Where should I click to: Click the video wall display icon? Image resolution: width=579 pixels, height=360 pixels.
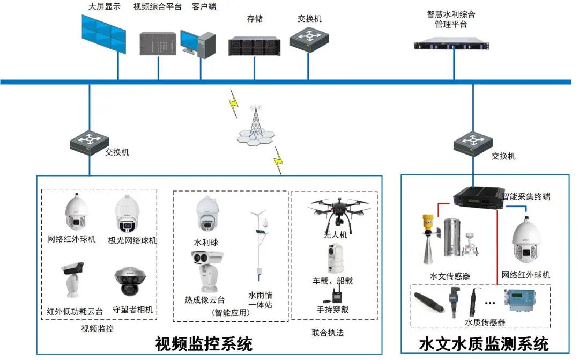(x=104, y=33)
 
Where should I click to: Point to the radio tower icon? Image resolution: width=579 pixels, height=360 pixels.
(x=256, y=126)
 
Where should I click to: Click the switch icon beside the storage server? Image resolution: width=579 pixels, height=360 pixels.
(x=308, y=38)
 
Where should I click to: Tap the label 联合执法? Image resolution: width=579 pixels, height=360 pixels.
(x=328, y=333)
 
